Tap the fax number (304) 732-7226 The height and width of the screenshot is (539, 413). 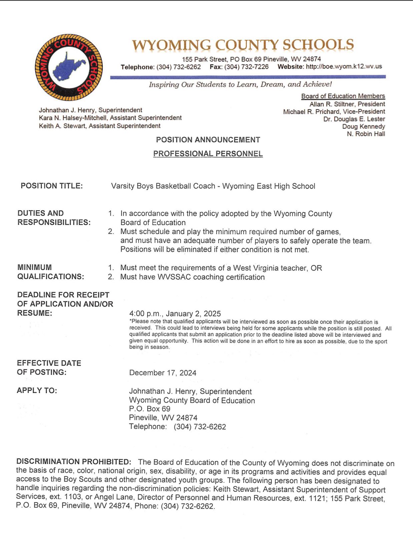click(x=246, y=67)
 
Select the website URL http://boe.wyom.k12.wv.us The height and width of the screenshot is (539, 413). click(x=344, y=66)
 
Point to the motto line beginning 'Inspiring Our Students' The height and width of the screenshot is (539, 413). click(x=240, y=84)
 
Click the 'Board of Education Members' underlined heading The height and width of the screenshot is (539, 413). click(x=343, y=96)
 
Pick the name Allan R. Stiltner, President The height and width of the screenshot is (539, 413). click(x=347, y=104)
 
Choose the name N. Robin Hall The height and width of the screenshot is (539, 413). click(x=366, y=134)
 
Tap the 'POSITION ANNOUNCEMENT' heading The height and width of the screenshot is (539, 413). click(x=208, y=140)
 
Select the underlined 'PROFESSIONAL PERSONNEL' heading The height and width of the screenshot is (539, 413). click(x=208, y=154)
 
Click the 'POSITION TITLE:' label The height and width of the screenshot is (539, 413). click(x=52, y=186)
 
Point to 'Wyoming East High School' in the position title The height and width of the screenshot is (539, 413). click(x=269, y=186)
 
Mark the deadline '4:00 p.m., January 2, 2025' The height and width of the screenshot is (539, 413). click(x=175, y=314)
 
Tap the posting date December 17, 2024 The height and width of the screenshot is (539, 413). click(x=163, y=373)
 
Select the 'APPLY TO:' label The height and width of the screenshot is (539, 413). click(x=37, y=390)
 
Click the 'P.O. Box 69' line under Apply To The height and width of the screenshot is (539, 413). click(x=150, y=409)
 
